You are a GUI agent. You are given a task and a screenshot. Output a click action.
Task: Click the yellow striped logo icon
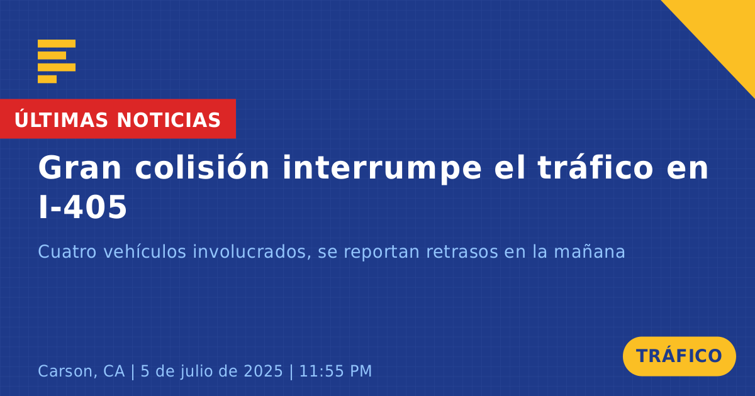click(57, 62)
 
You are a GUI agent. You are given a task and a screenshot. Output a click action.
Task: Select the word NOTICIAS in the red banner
click(169, 120)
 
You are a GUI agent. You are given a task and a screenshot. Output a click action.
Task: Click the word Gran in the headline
click(79, 168)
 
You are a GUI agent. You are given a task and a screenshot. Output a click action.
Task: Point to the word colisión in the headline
click(202, 167)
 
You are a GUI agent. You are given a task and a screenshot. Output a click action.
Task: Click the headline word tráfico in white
click(596, 167)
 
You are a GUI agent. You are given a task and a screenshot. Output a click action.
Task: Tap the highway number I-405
click(82, 207)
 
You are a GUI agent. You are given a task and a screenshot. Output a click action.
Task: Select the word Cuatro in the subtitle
click(67, 251)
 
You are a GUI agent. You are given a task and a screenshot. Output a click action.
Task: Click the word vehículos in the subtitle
click(145, 251)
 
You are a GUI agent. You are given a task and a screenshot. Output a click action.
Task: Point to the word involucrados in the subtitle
click(252, 251)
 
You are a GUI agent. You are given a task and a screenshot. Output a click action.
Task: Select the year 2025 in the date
click(263, 371)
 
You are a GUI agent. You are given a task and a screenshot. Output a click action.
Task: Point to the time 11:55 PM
click(335, 371)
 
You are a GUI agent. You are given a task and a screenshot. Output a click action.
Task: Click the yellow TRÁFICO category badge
click(679, 356)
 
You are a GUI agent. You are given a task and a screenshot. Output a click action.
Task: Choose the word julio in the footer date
click(199, 371)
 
